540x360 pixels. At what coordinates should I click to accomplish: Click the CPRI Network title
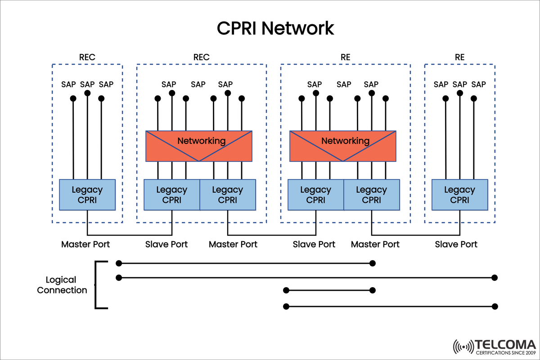click(275, 28)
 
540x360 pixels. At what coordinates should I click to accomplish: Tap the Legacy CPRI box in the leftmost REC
click(87, 194)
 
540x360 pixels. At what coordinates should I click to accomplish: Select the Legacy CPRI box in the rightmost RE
click(459, 194)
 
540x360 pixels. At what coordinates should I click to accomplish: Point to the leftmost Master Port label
click(85, 244)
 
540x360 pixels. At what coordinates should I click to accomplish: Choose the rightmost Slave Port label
click(456, 244)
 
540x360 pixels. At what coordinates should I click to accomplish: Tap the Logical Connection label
click(62, 285)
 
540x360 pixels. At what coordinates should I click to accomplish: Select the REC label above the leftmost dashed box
click(87, 58)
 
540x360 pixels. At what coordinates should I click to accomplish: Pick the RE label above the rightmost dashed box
click(459, 58)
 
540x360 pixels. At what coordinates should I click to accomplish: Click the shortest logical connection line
click(328, 290)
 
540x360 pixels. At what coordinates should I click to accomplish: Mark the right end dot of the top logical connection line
click(372, 263)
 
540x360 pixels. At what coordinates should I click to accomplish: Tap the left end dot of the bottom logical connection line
click(286, 306)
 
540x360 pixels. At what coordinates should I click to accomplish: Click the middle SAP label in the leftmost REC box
click(87, 84)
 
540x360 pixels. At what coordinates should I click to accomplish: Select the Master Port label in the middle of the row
click(233, 244)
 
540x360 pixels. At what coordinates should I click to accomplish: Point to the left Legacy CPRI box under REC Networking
click(171, 194)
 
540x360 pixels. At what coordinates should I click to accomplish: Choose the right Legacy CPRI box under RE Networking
click(371, 194)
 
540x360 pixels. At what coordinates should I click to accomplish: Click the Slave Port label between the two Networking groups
click(314, 244)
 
